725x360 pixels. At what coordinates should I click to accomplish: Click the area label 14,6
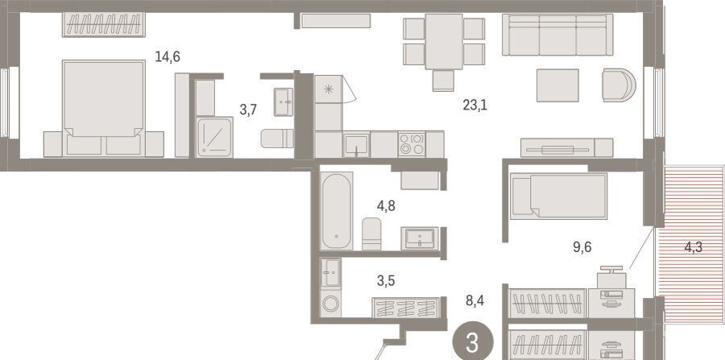[168, 57]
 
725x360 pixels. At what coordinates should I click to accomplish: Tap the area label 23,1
[474, 106]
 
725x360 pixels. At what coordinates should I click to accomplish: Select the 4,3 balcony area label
[693, 247]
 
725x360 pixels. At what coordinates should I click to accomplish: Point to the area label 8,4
[474, 301]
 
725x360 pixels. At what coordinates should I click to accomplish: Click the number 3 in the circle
[472, 343]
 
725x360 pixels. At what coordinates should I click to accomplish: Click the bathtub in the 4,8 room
[337, 211]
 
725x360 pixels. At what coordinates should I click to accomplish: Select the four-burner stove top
[411, 144]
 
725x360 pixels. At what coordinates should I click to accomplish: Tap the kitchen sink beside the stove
[356, 144]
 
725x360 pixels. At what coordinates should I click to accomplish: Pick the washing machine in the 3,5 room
[330, 303]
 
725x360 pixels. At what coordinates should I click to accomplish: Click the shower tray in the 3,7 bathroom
[214, 137]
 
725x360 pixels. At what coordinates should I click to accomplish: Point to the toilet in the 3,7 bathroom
[276, 139]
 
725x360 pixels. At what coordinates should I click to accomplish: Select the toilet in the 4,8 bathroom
[371, 234]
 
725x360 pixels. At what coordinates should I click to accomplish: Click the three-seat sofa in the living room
[557, 35]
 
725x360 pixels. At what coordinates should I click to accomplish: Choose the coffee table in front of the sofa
[557, 85]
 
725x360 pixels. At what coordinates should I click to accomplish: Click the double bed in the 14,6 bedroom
[104, 108]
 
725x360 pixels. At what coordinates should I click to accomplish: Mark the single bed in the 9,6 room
[558, 196]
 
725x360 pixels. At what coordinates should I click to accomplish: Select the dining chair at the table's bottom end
[443, 81]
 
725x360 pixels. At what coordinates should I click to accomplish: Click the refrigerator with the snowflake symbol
[329, 89]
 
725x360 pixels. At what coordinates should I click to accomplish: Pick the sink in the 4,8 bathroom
[420, 238]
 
